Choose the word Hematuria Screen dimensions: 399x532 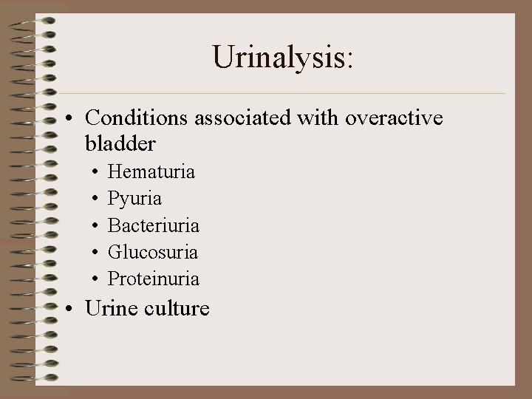151,172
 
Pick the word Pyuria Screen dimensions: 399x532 135,199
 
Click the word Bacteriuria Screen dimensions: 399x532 154,225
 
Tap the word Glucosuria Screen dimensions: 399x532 153,252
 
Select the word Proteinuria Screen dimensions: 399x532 154,279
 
